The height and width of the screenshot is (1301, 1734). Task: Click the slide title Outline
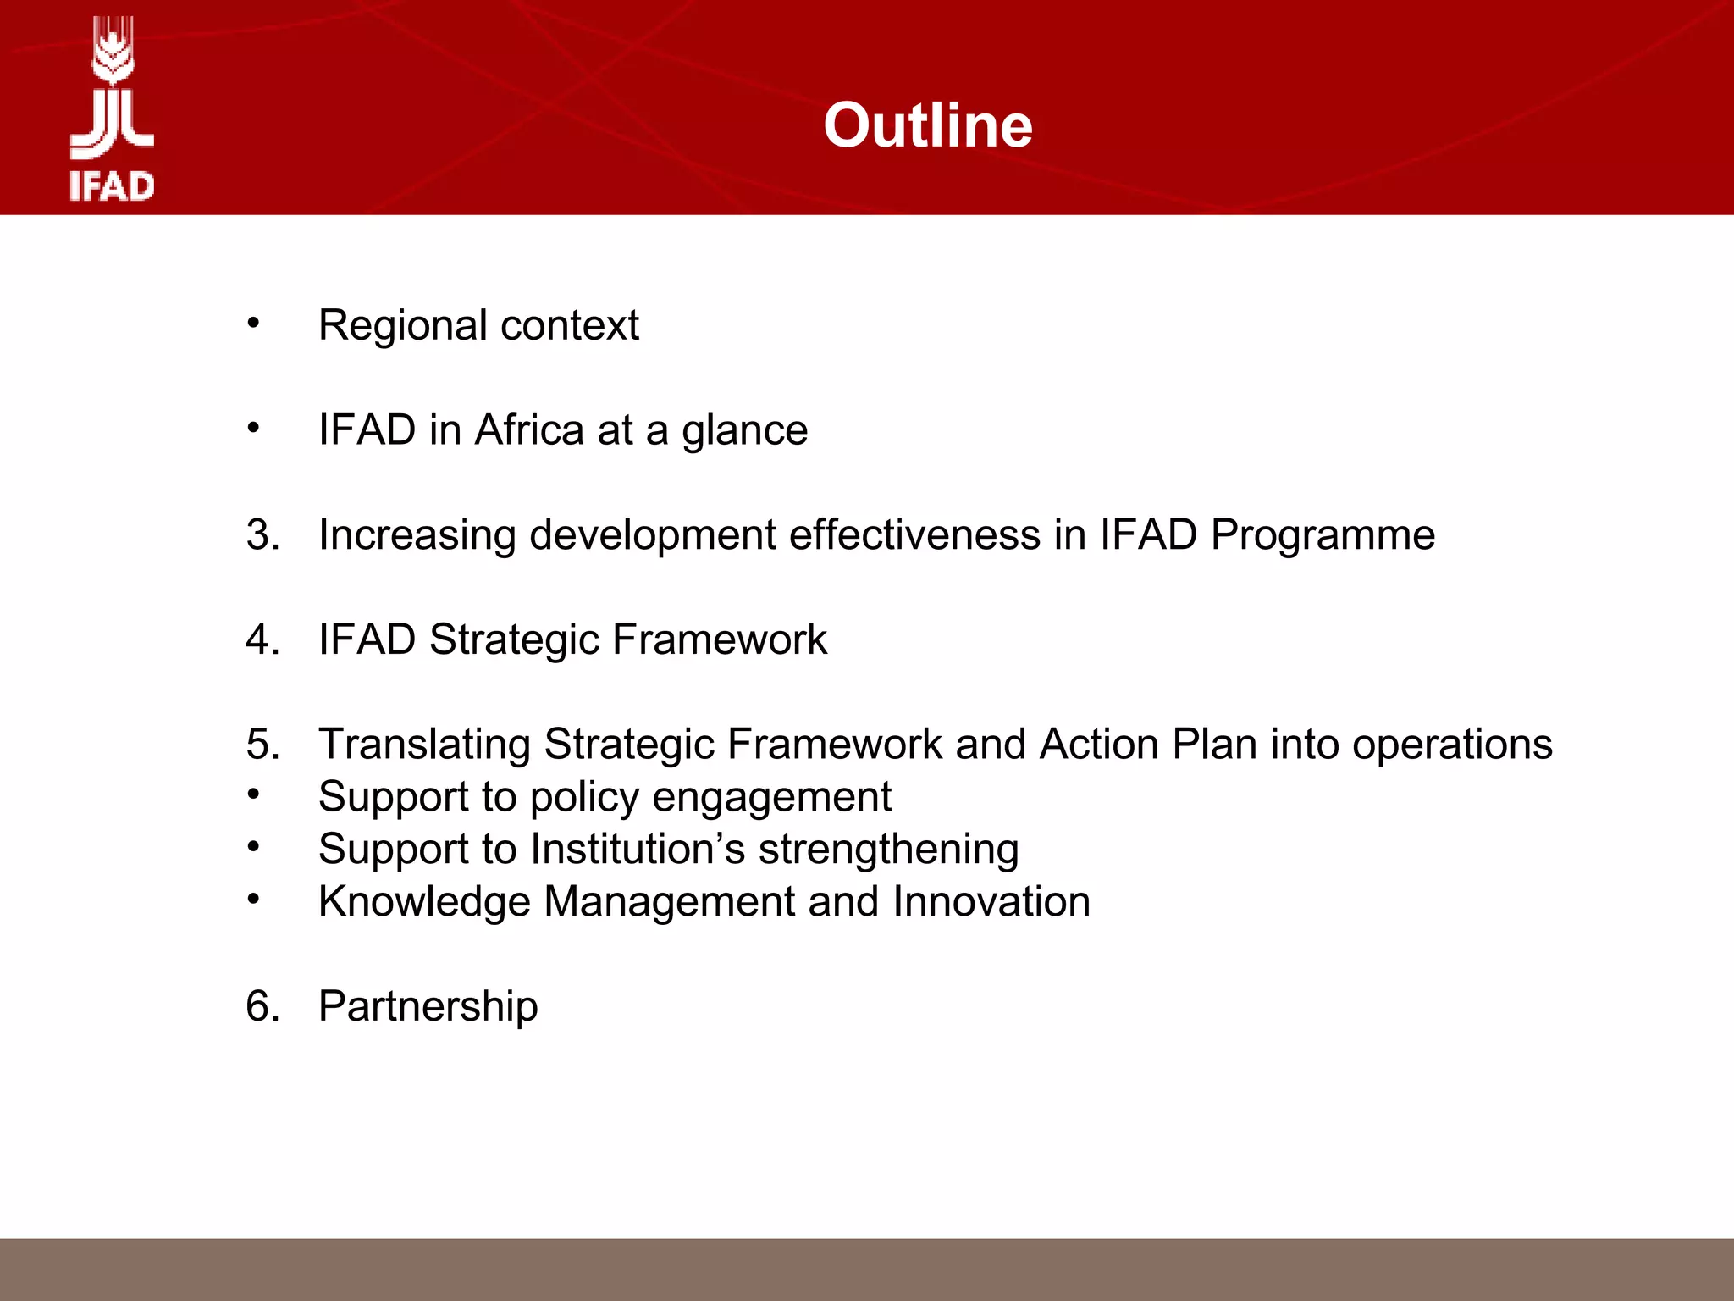coord(928,125)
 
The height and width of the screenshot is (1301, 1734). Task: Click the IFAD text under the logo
coord(112,186)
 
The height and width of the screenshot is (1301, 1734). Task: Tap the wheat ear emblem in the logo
coord(113,53)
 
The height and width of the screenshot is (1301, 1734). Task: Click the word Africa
coord(529,429)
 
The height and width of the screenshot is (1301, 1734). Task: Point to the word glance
coord(744,431)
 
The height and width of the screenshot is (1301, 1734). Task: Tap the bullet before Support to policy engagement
coord(253,794)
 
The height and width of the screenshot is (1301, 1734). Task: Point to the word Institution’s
coord(638,849)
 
